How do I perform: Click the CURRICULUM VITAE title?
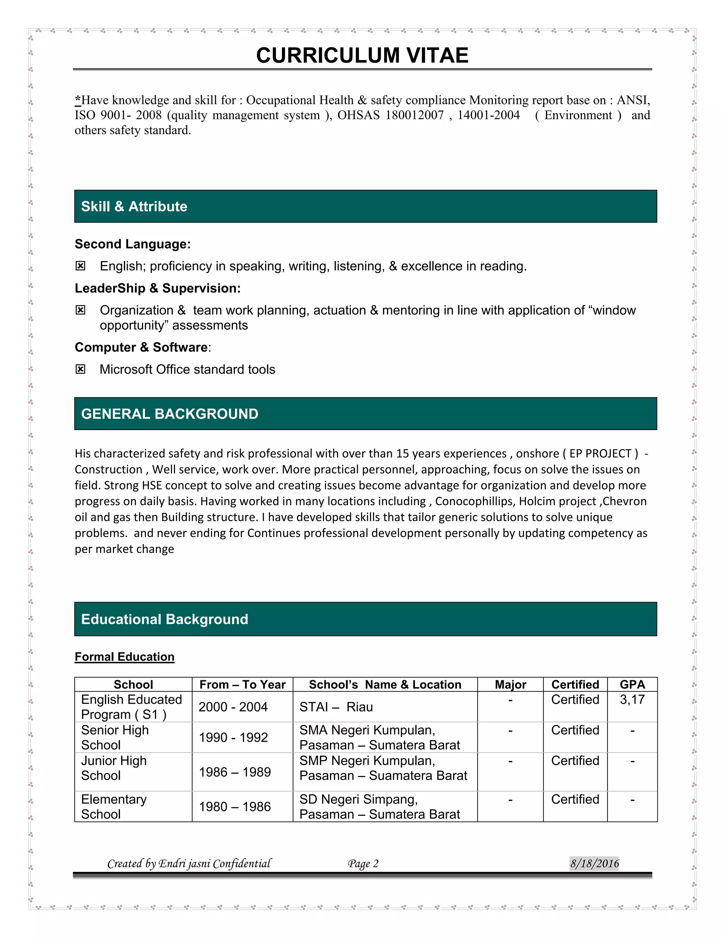[362, 56]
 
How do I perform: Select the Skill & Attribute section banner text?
[134, 207]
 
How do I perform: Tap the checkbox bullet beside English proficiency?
[80, 266]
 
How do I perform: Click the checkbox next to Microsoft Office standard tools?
[80, 369]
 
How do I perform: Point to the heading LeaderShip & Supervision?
[158, 288]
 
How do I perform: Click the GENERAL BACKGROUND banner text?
[170, 414]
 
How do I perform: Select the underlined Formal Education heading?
[125, 657]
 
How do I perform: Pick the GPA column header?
[632, 685]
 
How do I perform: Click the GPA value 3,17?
[632, 700]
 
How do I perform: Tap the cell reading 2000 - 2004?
[233, 707]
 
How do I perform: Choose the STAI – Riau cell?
[336, 707]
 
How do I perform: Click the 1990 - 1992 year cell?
[233, 737]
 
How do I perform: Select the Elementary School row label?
[114, 807]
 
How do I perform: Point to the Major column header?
[510, 685]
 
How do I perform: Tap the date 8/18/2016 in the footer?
[594, 863]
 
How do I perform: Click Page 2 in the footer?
[363, 864]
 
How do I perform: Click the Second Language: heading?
[133, 244]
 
